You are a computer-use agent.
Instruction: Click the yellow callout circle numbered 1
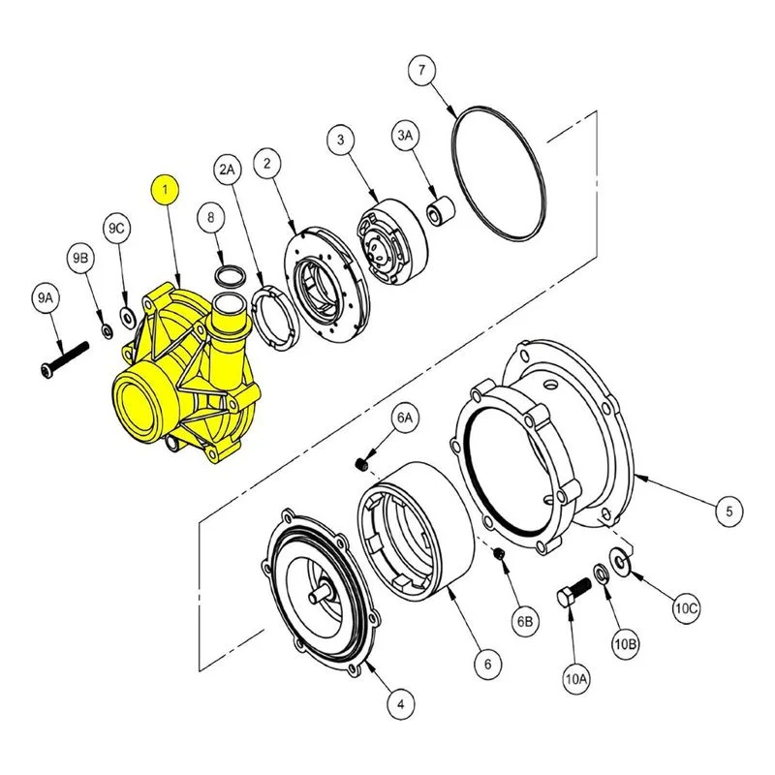pos(165,189)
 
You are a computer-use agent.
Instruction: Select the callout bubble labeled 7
pos(421,70)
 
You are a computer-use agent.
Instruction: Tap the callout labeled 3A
pos(405,135)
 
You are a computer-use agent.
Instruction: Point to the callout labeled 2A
pos(228,170)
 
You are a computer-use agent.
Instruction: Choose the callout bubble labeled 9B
pos(80,258)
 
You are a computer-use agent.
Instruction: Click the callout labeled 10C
pos(686,608)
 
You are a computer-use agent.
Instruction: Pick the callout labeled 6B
pos(525,621)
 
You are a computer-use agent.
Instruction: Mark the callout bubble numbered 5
pos(729,511)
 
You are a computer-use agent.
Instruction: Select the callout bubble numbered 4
pos(401,704)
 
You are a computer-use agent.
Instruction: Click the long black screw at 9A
pos(65,359)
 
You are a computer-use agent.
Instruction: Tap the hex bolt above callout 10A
pos(573,593)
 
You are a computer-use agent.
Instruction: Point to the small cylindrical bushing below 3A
pos(441,211)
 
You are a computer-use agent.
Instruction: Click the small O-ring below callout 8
pos(231,276)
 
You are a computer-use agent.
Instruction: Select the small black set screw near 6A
pos(361,464)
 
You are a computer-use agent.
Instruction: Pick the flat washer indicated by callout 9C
pos(128,318)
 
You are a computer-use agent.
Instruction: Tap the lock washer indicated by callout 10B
pos(602,573)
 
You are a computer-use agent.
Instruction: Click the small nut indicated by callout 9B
pos(107,330)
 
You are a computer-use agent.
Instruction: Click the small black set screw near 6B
pos(499,554)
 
